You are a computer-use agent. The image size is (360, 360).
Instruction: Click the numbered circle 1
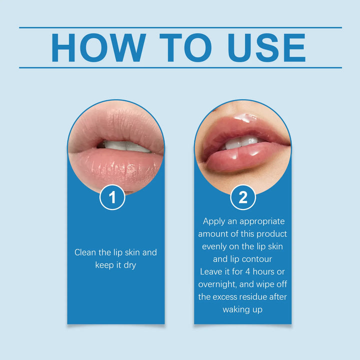pyautogui.click(x=112, y=198)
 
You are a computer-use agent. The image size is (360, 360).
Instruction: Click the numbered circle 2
pyautogui.click(x=243, y=198)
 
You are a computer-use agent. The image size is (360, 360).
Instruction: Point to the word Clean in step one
pyautogui.click(x=85, y=252)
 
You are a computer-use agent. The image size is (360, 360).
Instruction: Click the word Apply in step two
pyautogui.click(x=214, y=221)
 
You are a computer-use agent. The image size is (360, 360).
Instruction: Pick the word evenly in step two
pyautogui.click(x=214, y=246)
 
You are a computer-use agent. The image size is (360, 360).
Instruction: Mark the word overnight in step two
pyautogui.click(x=220, y=284)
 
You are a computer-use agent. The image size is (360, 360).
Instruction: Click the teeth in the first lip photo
pyautogui.click(x=123, y=146)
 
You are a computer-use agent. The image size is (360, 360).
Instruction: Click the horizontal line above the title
pyautogui.click(x=180, y=27)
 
